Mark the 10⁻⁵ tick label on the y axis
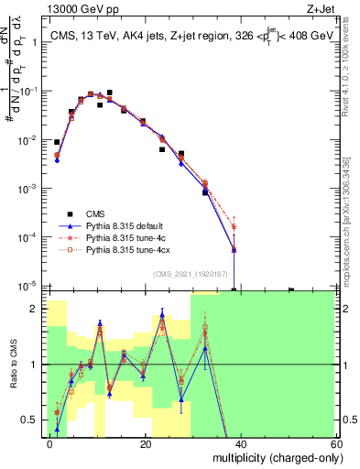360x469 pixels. [27, 286]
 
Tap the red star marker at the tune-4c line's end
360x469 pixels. [234, 226]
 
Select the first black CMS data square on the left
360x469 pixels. [57, 142]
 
